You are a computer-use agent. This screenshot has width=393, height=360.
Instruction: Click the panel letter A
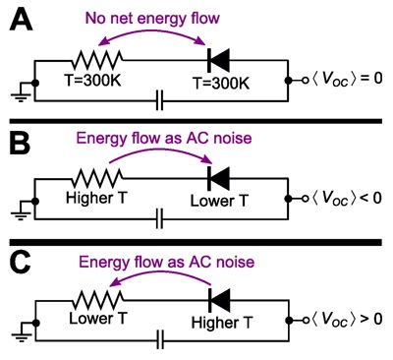pos(21,19)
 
